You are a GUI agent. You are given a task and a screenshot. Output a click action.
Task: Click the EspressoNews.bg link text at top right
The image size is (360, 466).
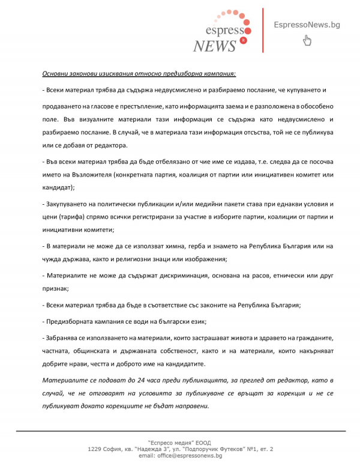pyautogui.click(x=307, y=25)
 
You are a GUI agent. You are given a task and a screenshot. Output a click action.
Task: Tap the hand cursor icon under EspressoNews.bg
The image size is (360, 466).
pyautogui.click(x=307, y=41)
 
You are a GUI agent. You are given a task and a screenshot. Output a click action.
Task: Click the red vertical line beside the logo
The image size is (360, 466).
pyautogui.click(x=263, y=30)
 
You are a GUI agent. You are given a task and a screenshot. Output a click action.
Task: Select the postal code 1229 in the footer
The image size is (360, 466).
pyautogui.click(x=96, y=449)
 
